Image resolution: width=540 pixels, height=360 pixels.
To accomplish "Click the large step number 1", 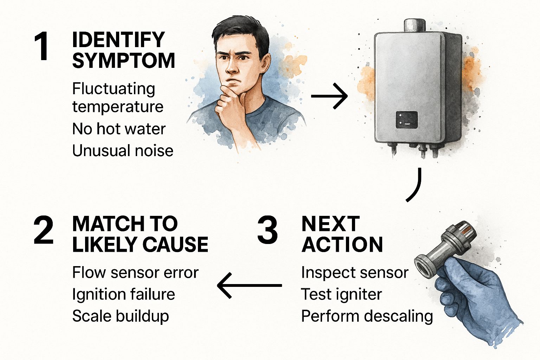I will point(42,47).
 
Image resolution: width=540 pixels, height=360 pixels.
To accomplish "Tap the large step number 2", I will point(44,231).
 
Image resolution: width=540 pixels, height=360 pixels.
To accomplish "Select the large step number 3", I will point(267,231).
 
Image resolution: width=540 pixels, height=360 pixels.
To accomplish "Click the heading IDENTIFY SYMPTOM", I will point(123,50).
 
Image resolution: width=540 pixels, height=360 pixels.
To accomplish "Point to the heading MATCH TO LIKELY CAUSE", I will point(140,234).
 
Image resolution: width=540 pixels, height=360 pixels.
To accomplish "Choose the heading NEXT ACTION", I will point(342,234).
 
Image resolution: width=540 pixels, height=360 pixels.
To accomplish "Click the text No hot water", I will point(118,129).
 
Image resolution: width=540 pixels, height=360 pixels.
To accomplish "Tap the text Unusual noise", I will point(123,151).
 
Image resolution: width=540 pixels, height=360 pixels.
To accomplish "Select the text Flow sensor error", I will point(135,272).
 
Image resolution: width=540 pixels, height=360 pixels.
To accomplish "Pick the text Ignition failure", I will point(123,294).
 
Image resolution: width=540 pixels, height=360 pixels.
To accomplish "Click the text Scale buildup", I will point(120,316).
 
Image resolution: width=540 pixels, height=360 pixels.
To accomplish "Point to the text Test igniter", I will point(341,294).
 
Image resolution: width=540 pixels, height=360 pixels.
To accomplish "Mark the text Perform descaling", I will point(367,316).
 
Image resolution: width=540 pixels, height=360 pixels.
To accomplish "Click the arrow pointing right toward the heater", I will point(329,96).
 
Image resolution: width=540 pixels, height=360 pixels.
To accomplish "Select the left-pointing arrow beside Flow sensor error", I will point(249,285).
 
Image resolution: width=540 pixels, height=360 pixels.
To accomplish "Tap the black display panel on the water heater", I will point(407,120).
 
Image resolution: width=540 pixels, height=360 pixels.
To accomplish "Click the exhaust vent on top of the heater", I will point(414,25).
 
